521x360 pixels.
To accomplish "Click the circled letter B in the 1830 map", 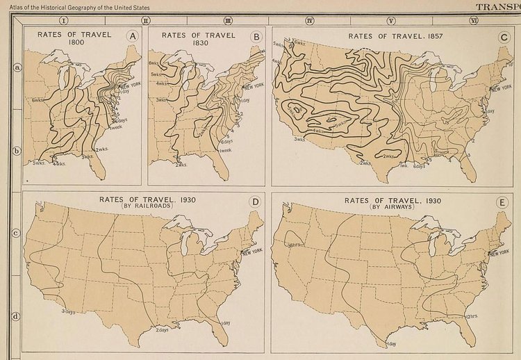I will click(256, 36).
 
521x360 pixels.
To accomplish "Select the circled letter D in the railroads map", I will click(255, 202).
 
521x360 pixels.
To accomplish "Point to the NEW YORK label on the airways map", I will click(499, 253).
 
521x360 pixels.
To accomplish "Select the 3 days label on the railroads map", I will click(67, 311).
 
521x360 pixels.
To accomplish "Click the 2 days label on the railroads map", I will click(164, 329).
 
